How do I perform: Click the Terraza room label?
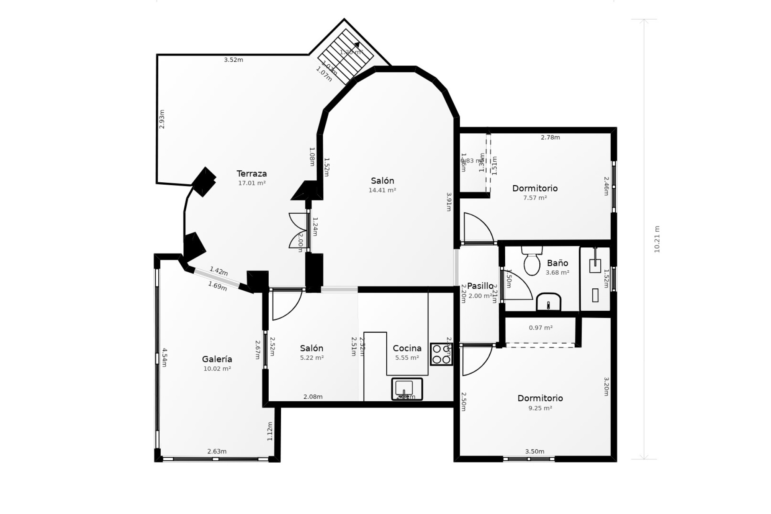coord(251,173)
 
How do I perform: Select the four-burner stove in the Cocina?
coord(441,354)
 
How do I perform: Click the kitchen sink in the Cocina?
coord(407,388)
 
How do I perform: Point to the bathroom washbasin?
coord(549,302)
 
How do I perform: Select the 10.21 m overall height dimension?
coord(657,239)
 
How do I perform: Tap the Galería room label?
coord(217,359)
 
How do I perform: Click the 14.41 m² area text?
coord(382,190)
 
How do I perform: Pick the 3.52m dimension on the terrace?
coord(233,60)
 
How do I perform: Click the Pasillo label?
coord(480,286)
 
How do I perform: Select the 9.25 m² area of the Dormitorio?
coord(540,408)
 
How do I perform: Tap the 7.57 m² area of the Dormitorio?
coord(535,198)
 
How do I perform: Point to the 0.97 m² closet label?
coord(541,328)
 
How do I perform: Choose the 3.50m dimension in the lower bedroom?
coord(534,451)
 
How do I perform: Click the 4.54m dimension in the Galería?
coord(164,357)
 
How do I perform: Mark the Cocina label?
coord(407,348)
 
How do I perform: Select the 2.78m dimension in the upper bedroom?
coord(550,137)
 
